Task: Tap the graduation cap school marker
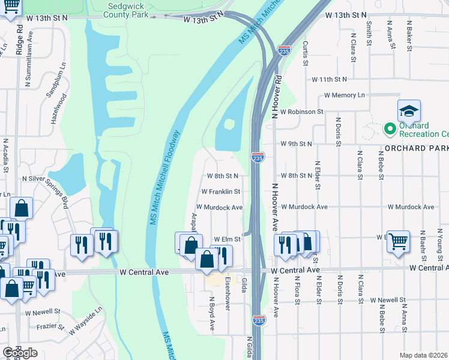[x=409, y=112]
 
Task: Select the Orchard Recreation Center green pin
[x=389, y=128]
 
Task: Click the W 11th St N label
[x=329, y=79]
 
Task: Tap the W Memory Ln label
[x=344, y=95]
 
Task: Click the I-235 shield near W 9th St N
[x=258, y=158]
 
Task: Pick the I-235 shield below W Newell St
[x=258, y=320]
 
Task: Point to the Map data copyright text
[x=424, y=355]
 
